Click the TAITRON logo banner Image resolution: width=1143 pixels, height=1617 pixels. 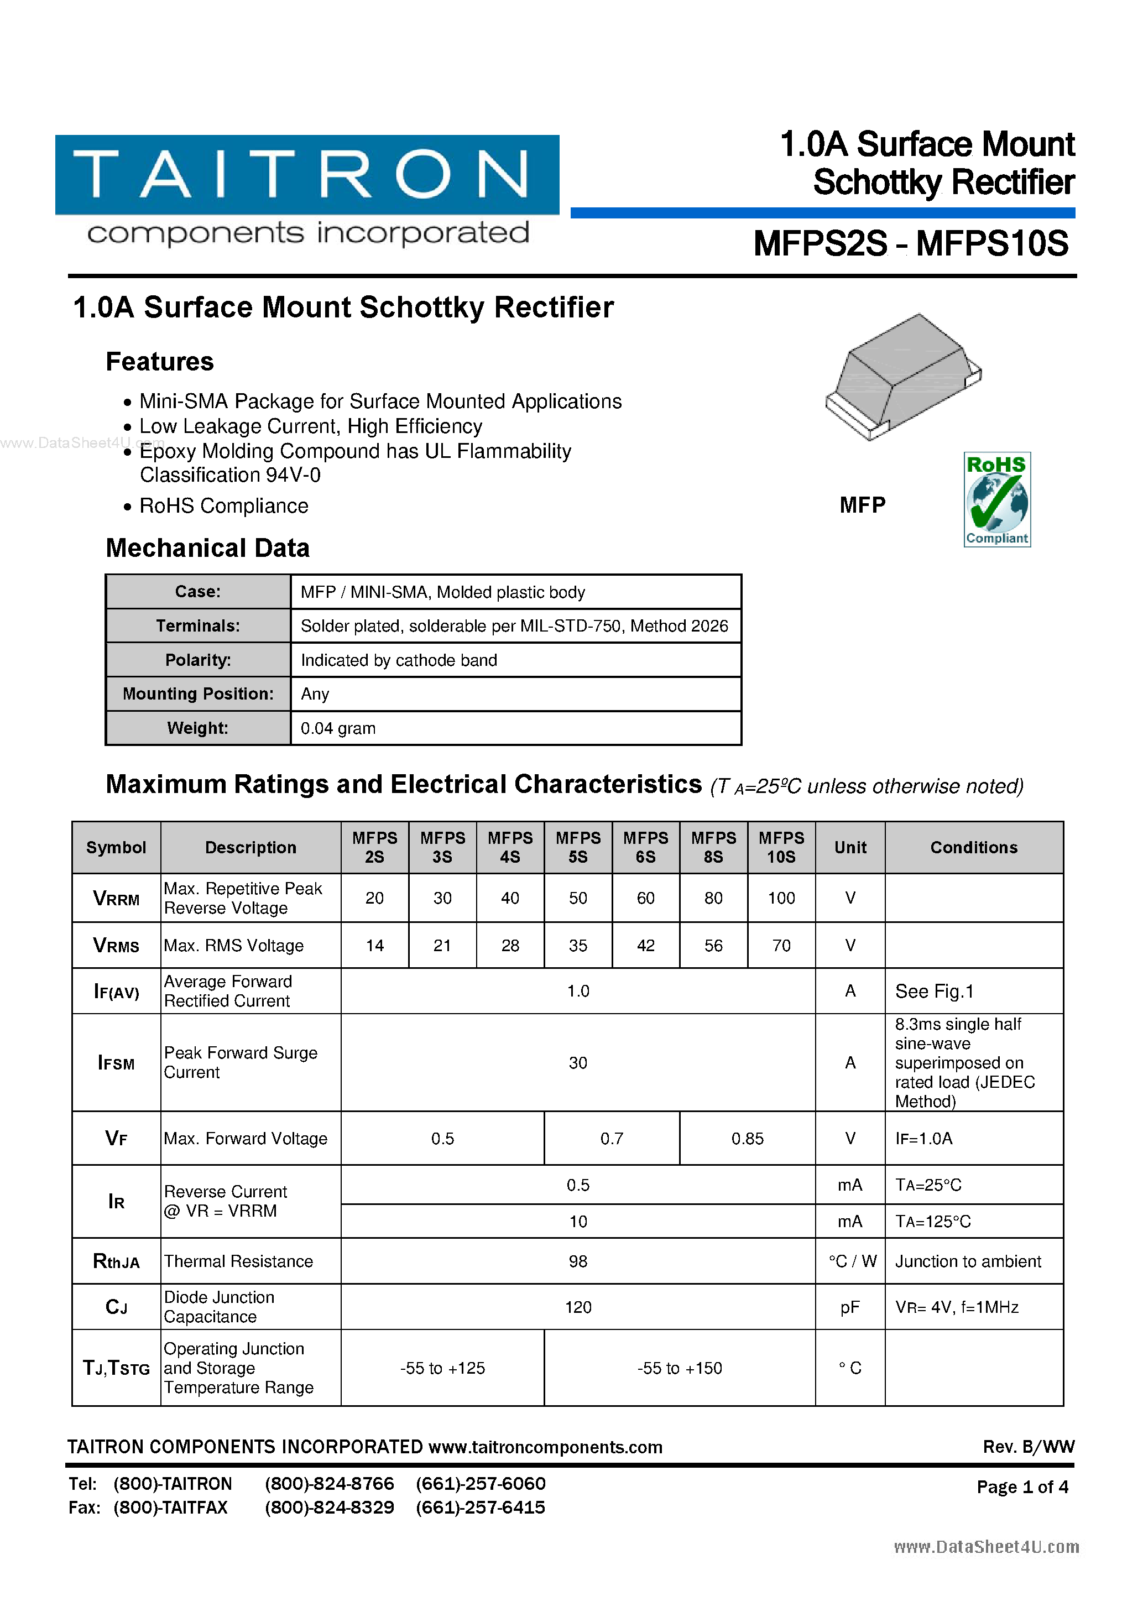click(307, 175)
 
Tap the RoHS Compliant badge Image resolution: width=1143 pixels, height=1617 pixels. click(996, 499)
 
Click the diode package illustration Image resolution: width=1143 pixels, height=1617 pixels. click(903, 377)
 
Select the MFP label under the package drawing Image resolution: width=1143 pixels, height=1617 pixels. click(862, 505)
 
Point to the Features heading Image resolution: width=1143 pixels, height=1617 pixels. click(159, 361)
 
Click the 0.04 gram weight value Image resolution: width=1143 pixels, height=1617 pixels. click(338, 728)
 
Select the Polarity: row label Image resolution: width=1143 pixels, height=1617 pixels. click(198, 660)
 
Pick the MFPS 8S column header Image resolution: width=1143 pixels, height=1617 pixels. click(713, 847)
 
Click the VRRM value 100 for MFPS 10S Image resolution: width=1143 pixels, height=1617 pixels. click(780, 898)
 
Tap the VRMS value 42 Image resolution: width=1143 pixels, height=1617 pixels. click(645, 945)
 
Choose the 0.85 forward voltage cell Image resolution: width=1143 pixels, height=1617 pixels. click(747, 1139)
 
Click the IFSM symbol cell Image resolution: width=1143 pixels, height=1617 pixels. click(116, 1063)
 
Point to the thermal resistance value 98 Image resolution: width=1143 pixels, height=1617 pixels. click(577, 1261)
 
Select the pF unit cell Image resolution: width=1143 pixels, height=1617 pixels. click(849, 1307)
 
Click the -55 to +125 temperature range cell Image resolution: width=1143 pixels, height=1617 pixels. click(442, 1368)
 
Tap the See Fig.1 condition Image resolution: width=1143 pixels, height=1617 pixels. click(934, 992)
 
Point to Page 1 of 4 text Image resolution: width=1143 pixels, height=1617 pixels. click(1022, 1486)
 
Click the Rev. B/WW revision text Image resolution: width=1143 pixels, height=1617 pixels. click(1028, 1447)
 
